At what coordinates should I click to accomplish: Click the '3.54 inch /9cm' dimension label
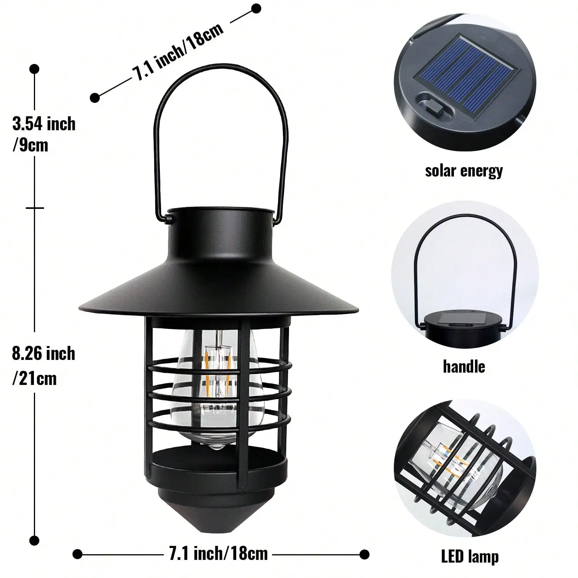tap(44, 134)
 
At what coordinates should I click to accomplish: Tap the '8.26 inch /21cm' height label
tap(43, 365)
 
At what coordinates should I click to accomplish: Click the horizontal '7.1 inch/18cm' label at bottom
tap(218, 554)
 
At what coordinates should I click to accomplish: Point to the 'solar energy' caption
tap(464, 171)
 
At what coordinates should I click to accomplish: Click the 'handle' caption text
tap(464, 366)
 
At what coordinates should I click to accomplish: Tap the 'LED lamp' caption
tap(470, 557)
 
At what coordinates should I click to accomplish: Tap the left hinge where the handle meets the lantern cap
tap(168, 220)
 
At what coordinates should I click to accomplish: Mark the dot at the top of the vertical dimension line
tap(35, 69)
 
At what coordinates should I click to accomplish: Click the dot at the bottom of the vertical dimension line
tap(35, 541)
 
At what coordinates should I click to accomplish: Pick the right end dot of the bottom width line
tap(364, 554)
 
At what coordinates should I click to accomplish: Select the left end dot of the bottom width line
tap(77, 554)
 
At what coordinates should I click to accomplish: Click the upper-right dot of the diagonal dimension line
tap(256, 8)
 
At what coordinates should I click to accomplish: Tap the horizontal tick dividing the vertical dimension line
tap(35, 208)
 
